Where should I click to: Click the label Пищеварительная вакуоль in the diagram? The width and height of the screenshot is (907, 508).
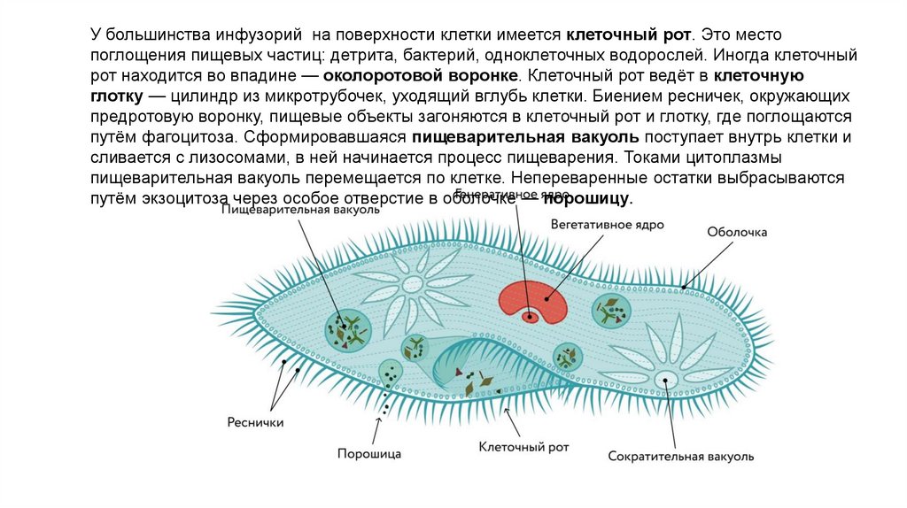300,211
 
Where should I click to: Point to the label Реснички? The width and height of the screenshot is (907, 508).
255,422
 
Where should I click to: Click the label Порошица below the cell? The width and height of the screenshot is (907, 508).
369,454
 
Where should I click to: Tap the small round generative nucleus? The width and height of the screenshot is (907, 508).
531,314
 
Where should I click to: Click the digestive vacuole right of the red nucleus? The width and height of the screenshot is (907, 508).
610,311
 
